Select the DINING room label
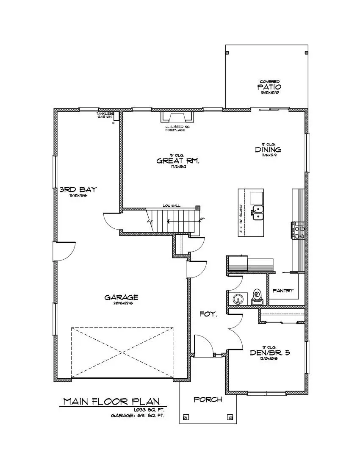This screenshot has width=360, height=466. click(x=268, y=150)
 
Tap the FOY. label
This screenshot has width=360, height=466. click(x=209, y=314)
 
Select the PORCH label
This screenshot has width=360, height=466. click(x=208, y=399)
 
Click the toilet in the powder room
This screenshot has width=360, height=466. click(x=257, y=297)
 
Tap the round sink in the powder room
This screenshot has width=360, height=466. click(x=238, y=299)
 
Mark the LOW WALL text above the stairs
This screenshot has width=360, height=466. click(x=172, y=205)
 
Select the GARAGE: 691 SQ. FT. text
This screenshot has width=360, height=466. click(x=137, y=416)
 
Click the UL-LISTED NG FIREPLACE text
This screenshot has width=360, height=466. click(x=175, y=128)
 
